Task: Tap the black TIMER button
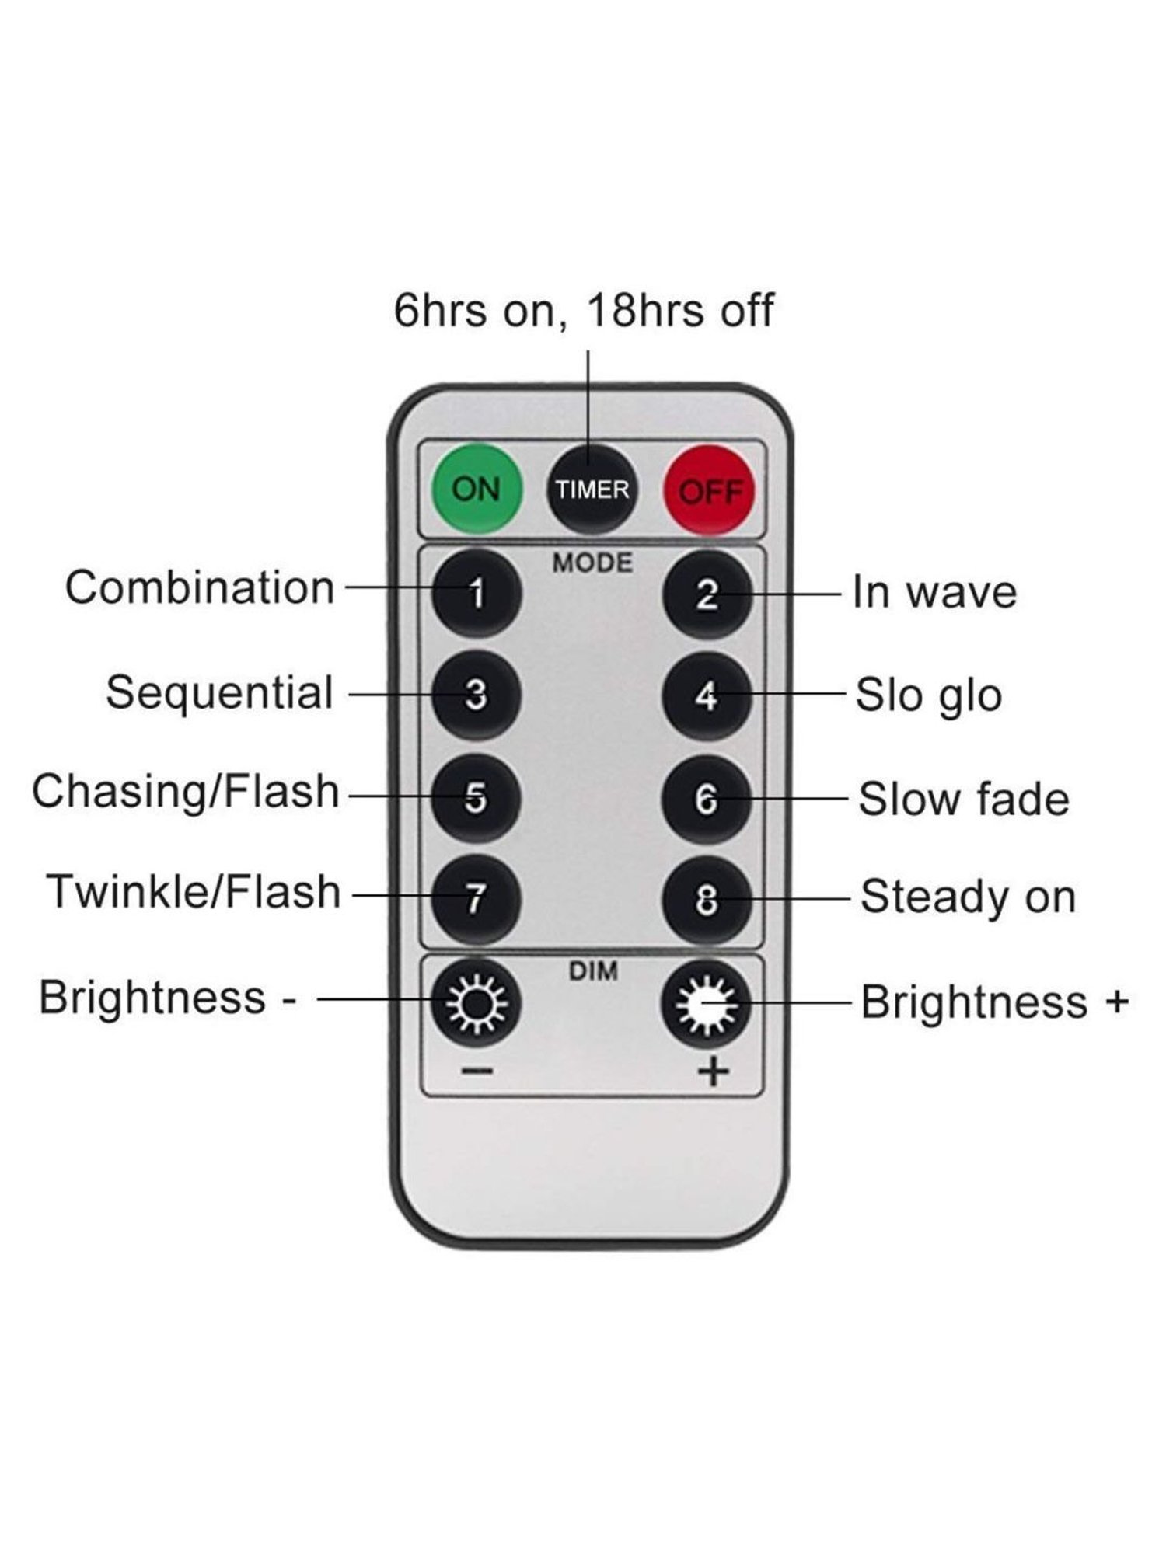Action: (592, 490)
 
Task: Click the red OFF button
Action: (708, 490)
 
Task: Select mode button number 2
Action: (707, 594)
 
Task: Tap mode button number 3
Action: (476, 694)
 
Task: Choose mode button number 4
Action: (707, 695)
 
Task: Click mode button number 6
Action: (707, 799)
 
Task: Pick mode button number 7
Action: (476, 899)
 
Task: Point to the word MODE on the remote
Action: (592, 563)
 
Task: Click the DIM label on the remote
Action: (593, 971)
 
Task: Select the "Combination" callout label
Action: (200, 587)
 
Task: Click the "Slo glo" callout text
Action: (928, 695)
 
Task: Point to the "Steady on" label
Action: (968, 897)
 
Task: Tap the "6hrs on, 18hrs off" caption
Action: (584, 310)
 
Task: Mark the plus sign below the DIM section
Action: (713, 1073)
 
